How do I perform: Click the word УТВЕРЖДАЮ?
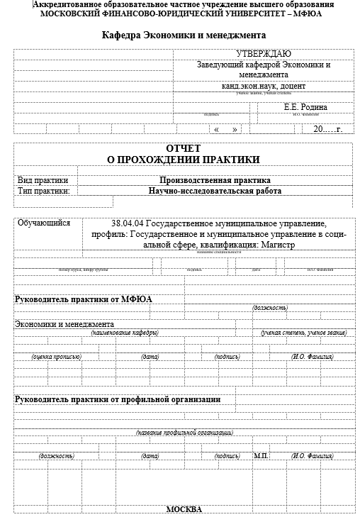coord(263,53)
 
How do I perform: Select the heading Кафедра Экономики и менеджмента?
coord(184,35)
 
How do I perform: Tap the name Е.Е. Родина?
coord(305,107)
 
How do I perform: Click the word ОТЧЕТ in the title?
coord(184,148)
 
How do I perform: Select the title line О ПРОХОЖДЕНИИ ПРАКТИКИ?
coord(184,160)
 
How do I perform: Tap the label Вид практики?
coord(43,180)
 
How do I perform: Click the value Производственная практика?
coord(215,180)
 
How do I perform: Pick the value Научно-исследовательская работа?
coord(215,191)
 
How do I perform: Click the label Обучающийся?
coord(44,223)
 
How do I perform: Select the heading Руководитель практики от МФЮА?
coord(84,299)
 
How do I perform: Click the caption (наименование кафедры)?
coord(124,332)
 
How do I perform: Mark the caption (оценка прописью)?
coord(55,357)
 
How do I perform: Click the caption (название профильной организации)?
coord(184,432)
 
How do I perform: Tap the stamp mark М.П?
coord(261,455)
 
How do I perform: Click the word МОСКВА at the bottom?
coord(184,510)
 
